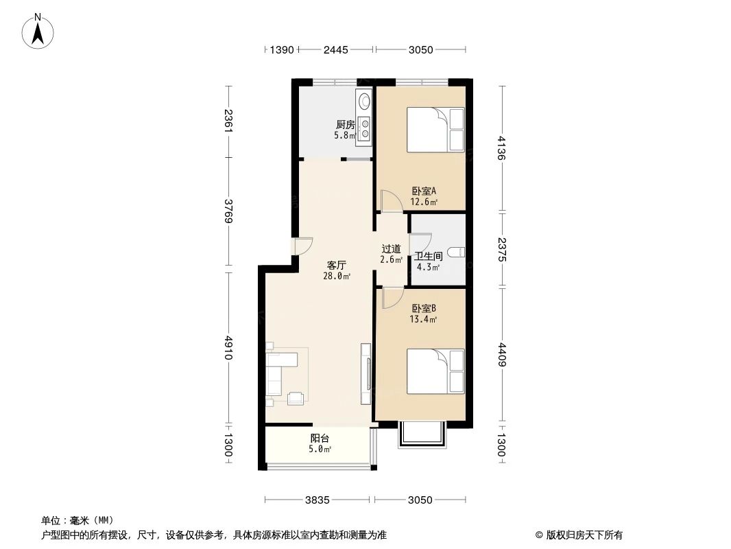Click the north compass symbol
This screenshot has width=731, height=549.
(39, 31)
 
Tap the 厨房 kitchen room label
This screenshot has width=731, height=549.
(345, 125)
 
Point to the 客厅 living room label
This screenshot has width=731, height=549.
(336, 265)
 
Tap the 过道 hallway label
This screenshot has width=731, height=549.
(391, 249)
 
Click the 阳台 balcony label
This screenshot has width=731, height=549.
(319, 439)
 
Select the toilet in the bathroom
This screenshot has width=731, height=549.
(457, 252)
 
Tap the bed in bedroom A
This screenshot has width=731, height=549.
(435, 130)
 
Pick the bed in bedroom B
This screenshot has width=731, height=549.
(435, 371)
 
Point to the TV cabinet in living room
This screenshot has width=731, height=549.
(365, 375)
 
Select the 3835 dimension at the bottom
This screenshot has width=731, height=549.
(318, 500)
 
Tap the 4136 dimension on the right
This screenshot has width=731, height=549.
(502, 148)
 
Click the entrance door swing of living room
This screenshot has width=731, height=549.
(302, 246)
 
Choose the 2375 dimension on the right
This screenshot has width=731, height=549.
(502, 250)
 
